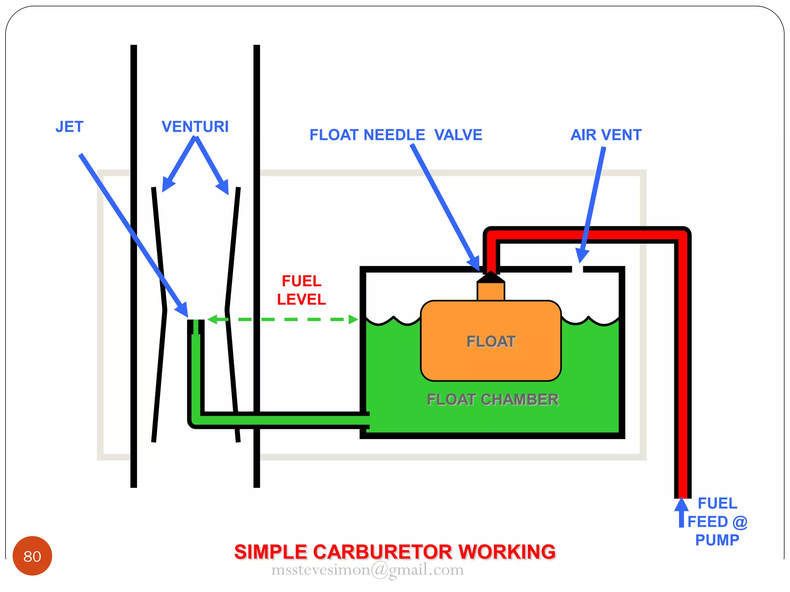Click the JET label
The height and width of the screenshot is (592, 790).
pyautogui.click(x=69, y=127)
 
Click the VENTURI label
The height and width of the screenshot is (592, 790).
pyautogui.click(x=195, y=127)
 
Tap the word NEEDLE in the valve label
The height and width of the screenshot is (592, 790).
pyautogui.click(x=394, y=135)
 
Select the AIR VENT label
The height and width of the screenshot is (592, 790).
pyautogui.click(x=606, y=135)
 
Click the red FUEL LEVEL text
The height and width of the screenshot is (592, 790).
pyautogui.click(x=302, y=290)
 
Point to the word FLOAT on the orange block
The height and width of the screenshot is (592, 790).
pyautogui.click(x=491, y=341)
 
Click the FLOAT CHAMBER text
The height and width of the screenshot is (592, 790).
pyautogui.click(x=493, y=399)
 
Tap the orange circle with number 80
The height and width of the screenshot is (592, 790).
pyautogui.click(x=32, y=556)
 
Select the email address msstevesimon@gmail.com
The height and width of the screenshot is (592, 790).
pyautogui.click(x=367, y=570)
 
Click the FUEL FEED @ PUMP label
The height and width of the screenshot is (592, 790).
pyautogui.click(x=717, y=522)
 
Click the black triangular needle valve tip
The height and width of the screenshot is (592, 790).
pyautogui.click(x=491, y=277)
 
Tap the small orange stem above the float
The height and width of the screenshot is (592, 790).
pyautogui.click(x=491, y=291)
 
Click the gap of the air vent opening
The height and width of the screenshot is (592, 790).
pyautogui.click(x=577, y=269)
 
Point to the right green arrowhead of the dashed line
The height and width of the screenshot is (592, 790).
pyautogui.click(x=353, y=319)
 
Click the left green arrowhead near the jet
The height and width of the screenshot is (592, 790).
pyautogui.click(x=213, y=319)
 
